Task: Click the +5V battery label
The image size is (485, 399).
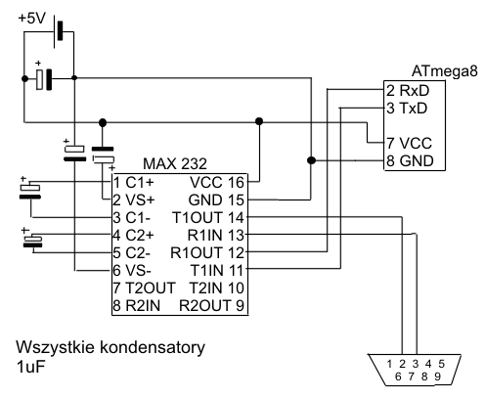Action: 31,19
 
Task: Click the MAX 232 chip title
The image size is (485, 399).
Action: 175,163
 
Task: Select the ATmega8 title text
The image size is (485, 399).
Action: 444,70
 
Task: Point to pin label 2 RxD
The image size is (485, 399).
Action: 408,90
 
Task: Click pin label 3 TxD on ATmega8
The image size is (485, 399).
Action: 407,108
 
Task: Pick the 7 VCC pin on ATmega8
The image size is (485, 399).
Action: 410,143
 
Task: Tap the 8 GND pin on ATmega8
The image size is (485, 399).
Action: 410,160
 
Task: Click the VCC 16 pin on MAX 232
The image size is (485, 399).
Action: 217,182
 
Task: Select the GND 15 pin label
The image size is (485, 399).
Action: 216,199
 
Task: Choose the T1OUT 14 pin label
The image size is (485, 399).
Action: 208,217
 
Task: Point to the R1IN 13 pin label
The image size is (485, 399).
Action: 216,235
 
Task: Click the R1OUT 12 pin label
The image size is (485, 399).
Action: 207,252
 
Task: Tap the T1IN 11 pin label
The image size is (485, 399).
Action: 217,270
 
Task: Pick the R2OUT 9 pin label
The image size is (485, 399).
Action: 211,305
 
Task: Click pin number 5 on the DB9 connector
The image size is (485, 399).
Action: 441,364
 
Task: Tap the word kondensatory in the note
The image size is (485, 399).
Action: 153,347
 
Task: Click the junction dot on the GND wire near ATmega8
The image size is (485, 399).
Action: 311,160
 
